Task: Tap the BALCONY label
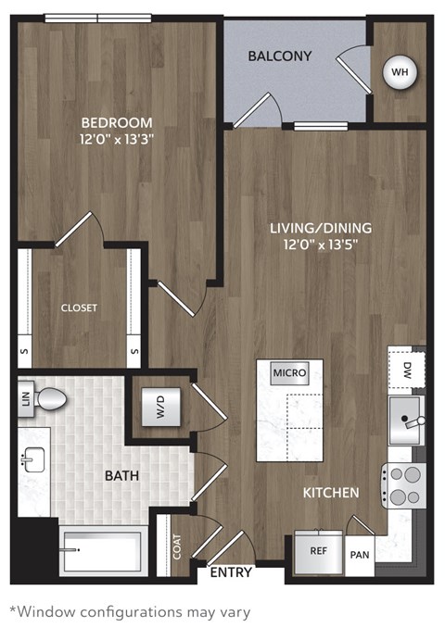point(279,56)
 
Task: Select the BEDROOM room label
point(117,122)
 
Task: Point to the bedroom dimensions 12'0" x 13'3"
point(117,140)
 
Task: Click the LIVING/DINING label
point(321,227)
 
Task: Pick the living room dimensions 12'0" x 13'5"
point(321,245)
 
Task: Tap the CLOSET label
point(80,308)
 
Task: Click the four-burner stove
point(402,485)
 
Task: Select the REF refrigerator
point(317,548)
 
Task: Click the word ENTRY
point(231,572)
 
